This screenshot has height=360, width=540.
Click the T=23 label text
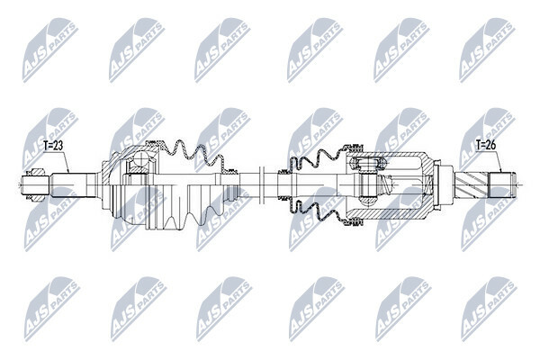pos(53,146)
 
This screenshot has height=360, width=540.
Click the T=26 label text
pos(486,145)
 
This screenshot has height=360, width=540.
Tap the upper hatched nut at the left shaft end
pos(37,172)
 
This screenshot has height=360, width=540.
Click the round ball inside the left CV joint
pos(140,159)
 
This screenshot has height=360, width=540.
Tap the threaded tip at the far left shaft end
pos(35,185)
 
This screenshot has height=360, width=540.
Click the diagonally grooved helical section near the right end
pos(472,185)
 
